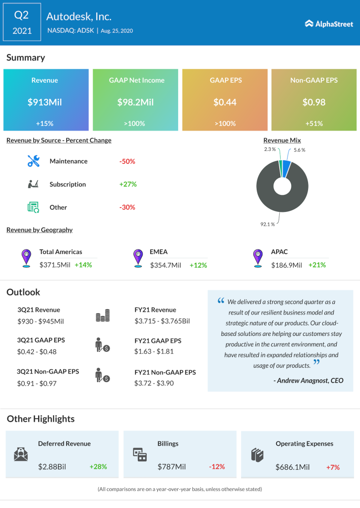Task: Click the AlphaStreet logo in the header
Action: coord(329,23)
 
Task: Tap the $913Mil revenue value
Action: coord(45,103)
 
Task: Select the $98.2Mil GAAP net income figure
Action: coord(135,103)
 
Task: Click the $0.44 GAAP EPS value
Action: coord(225,103)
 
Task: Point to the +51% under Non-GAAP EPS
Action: coord(314,124)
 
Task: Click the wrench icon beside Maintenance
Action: coord(33,161)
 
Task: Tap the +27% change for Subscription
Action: coord(128,184)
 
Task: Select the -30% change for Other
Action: coord(127,207)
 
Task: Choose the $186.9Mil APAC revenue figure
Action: coord(286,265)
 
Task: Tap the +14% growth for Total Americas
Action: coord(83,265)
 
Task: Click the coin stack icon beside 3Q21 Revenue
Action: coord(103,316)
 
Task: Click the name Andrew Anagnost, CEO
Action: coord(308,381)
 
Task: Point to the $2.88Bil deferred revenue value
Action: coord(55,467)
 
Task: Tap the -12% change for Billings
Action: coord(216,467)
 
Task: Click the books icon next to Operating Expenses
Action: coord(256,454)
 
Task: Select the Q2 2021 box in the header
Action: coord(22,23)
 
